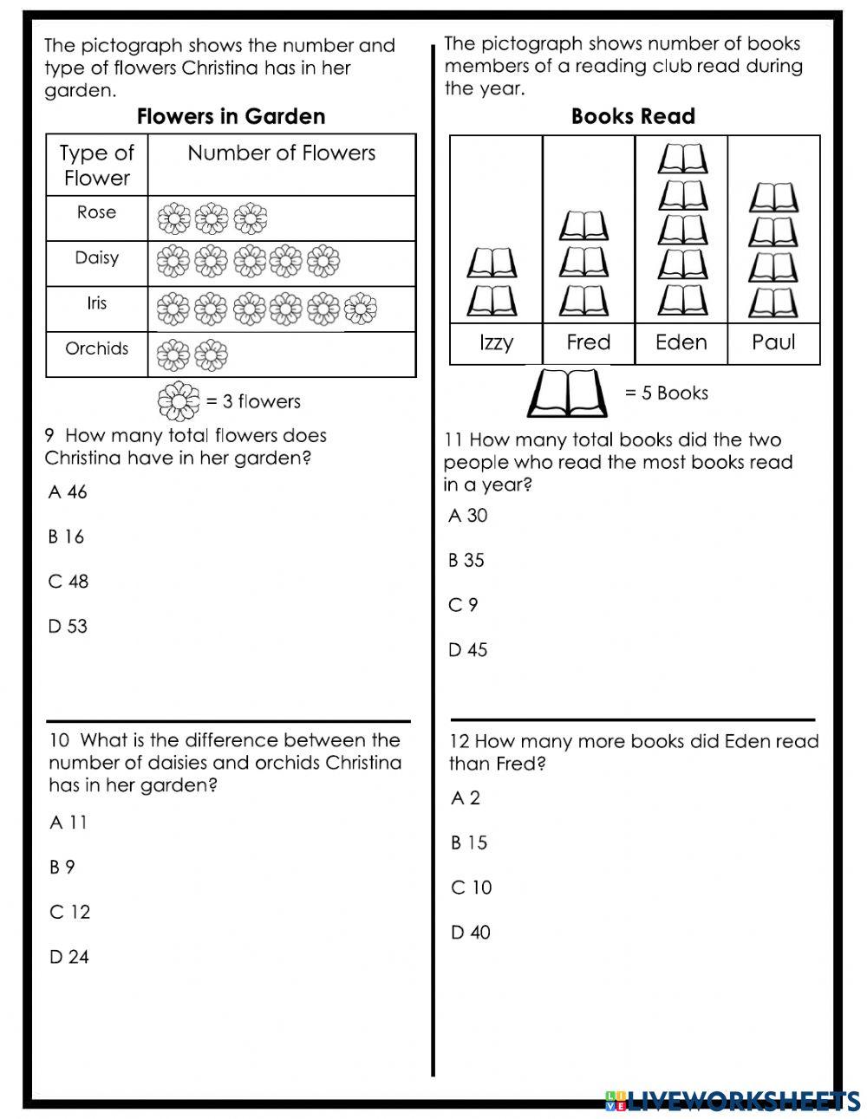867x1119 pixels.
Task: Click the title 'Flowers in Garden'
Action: (231, 116)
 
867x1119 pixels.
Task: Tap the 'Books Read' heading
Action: (633, 116)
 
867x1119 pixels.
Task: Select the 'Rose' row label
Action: (96, 212)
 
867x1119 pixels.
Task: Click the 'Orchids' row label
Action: (96, 348)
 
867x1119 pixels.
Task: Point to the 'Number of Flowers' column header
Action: (281, 153)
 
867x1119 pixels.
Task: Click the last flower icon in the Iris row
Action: (361, 307)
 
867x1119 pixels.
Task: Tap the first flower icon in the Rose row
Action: (173, 218)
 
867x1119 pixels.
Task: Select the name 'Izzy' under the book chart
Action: (496, 342)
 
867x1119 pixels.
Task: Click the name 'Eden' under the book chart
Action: (681, 342)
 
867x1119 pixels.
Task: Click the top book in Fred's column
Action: (584, 225)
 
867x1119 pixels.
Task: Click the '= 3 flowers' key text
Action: (253, 401)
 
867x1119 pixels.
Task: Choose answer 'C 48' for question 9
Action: (68, 582)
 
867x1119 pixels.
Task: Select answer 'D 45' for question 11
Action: (468, 649)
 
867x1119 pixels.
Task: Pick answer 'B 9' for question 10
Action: (62, 867)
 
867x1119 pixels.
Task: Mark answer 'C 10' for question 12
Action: (472, 888)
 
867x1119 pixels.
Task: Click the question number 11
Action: (454, 440)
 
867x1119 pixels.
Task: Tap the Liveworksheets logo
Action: (733, 1100)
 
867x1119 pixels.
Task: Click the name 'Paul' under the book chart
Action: (773, 342)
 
